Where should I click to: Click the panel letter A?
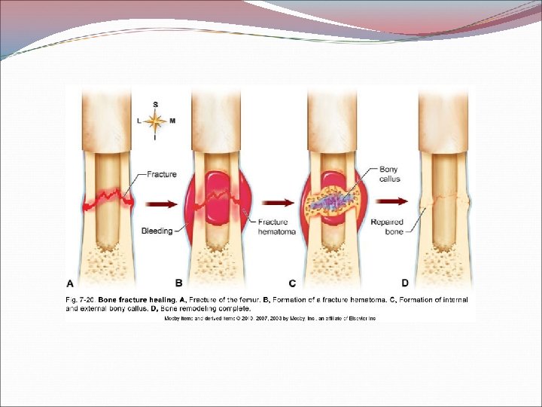tap(70, 283)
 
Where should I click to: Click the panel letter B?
tap(179, 283)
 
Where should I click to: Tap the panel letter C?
tap(291, 283)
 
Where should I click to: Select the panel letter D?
tap(404, 283)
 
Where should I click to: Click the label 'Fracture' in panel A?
tap(161, 174)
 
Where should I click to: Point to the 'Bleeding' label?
tap(157, 231)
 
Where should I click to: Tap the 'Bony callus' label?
tap(390, 174)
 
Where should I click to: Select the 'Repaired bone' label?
tap(387, 227)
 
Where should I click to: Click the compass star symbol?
tap(155, 121)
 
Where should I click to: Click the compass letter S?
tap(155, 104)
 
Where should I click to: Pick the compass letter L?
tap(139, 121)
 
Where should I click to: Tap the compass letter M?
tap(172, 121)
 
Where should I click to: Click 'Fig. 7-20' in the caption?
tap(80, 299)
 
